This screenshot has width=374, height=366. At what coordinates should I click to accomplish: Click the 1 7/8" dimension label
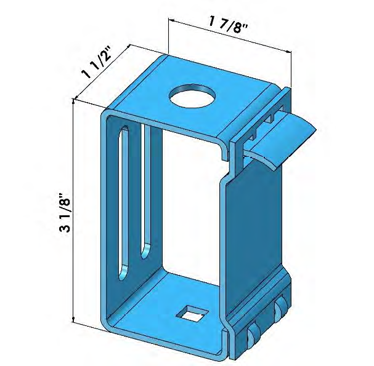point(230,26)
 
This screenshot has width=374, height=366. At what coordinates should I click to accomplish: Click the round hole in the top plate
point(192,96)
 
